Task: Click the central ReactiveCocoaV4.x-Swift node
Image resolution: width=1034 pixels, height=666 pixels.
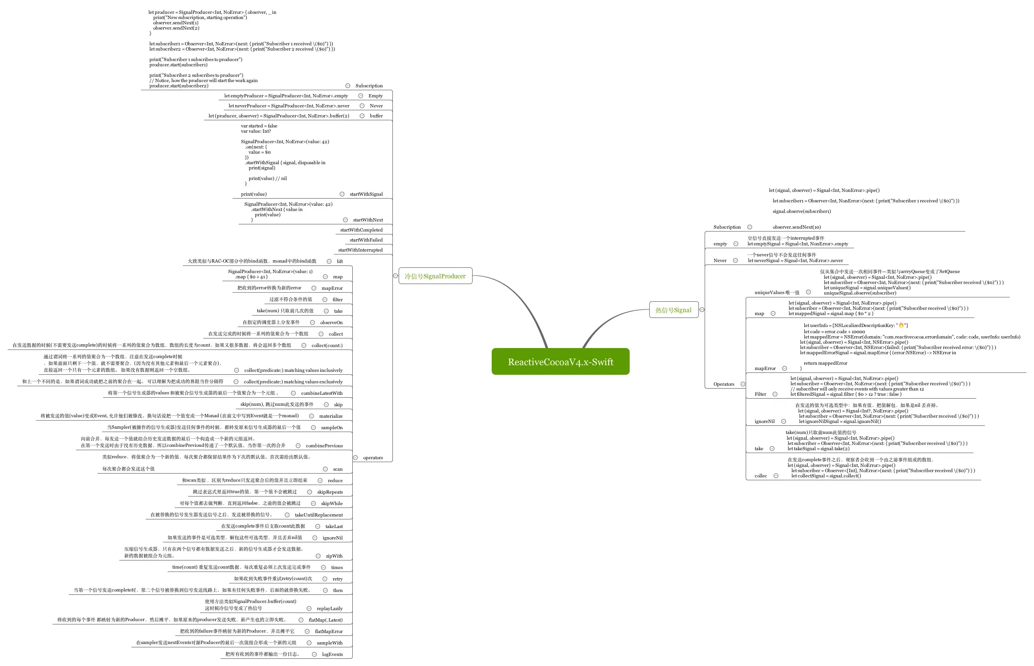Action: (560, 362)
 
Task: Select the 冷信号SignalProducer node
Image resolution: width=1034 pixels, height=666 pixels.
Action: (435, 276)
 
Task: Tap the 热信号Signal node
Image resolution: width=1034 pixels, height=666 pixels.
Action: (673, 310)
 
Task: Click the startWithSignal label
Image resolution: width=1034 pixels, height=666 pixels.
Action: (366, 194)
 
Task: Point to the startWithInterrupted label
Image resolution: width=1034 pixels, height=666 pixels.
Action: (360, 250)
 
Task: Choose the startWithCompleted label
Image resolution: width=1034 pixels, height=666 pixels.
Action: (361, 230)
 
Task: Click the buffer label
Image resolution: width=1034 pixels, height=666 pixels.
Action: (376, 116)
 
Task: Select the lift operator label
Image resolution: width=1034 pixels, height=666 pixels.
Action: (340, 262)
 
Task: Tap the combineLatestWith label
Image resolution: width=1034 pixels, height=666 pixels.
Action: (322, 393)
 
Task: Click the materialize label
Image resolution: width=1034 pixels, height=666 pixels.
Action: (331, 416)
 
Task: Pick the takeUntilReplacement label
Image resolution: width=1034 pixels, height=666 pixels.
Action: (319, 515)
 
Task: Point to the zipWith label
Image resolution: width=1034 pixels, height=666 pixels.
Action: (334, 556)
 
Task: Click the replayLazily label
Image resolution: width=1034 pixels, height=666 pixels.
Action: (330, 609)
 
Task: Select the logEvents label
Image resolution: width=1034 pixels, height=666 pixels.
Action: (332, 655)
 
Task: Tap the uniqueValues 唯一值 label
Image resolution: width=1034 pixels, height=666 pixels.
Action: (777, 293)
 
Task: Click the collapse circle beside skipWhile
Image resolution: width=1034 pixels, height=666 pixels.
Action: (313, 503)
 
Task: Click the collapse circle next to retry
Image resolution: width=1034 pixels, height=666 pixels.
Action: (325, 579)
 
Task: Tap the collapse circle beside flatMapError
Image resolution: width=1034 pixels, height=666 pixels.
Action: (307, 631)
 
